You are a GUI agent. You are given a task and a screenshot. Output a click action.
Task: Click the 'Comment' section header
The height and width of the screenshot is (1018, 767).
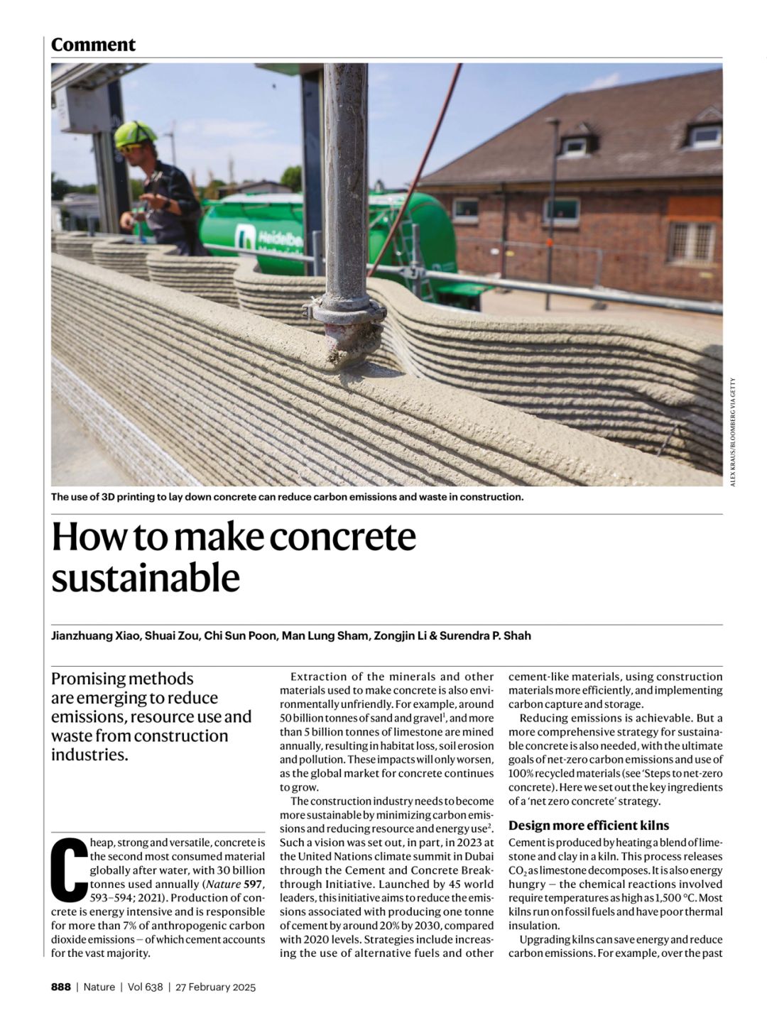pos(93,45)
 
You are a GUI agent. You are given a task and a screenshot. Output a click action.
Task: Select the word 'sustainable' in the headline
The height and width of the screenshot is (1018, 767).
pos(146,579)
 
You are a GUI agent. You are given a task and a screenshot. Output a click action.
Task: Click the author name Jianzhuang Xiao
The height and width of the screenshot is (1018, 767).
pos(94,635)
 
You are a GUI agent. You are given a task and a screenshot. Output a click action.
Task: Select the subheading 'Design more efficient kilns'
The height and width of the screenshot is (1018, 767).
pos(589,825)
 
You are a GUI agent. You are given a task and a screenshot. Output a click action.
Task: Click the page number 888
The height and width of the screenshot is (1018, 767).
pos(60,987)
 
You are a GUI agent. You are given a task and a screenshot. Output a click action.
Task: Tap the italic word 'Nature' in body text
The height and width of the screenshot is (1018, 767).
pos(222,884)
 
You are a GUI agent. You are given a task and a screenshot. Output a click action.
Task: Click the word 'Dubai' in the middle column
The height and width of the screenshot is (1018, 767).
pos(478,856)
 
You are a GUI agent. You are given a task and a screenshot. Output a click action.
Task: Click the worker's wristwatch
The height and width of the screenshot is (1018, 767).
pos(165,204)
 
